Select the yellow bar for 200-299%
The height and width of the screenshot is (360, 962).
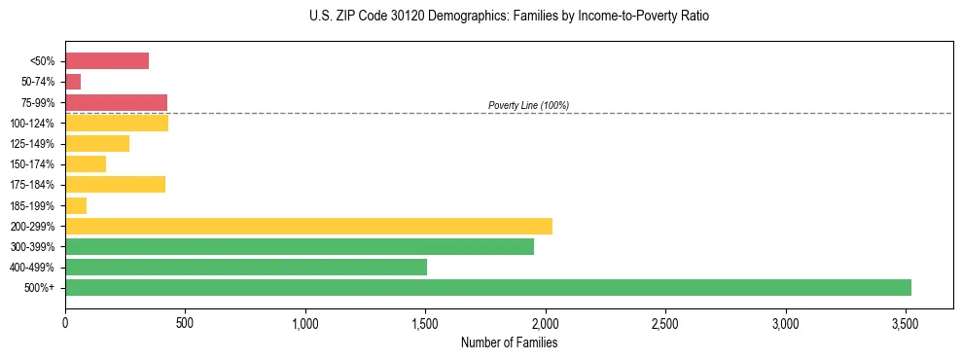tap(308, 226)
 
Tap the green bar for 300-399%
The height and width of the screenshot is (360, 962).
tap(300, 246)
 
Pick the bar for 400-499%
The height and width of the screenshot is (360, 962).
tap(246, 267)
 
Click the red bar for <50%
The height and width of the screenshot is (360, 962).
tap(107, 61)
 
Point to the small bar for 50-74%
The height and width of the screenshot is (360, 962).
tap(73, 82)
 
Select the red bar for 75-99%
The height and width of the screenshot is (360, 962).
tap(116, 102)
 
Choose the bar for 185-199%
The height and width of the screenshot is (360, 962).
tap(76, 205)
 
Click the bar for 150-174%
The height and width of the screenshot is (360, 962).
tap(86, 163)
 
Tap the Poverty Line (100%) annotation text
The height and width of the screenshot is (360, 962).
tap(528, 105)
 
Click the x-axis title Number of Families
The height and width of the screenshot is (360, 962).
tap(509, 342)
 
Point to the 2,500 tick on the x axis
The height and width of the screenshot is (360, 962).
tap(665, 322)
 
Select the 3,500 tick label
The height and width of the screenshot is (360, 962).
tap(906, 322)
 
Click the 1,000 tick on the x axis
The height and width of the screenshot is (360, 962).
tap(305, 322)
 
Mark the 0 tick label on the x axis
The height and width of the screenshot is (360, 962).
tap(65, 322)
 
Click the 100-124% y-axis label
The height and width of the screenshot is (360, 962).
tap(32, 124)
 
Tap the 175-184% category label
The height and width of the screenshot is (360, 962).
tap(32, 185)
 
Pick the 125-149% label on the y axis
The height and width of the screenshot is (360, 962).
tap(32, 144)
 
